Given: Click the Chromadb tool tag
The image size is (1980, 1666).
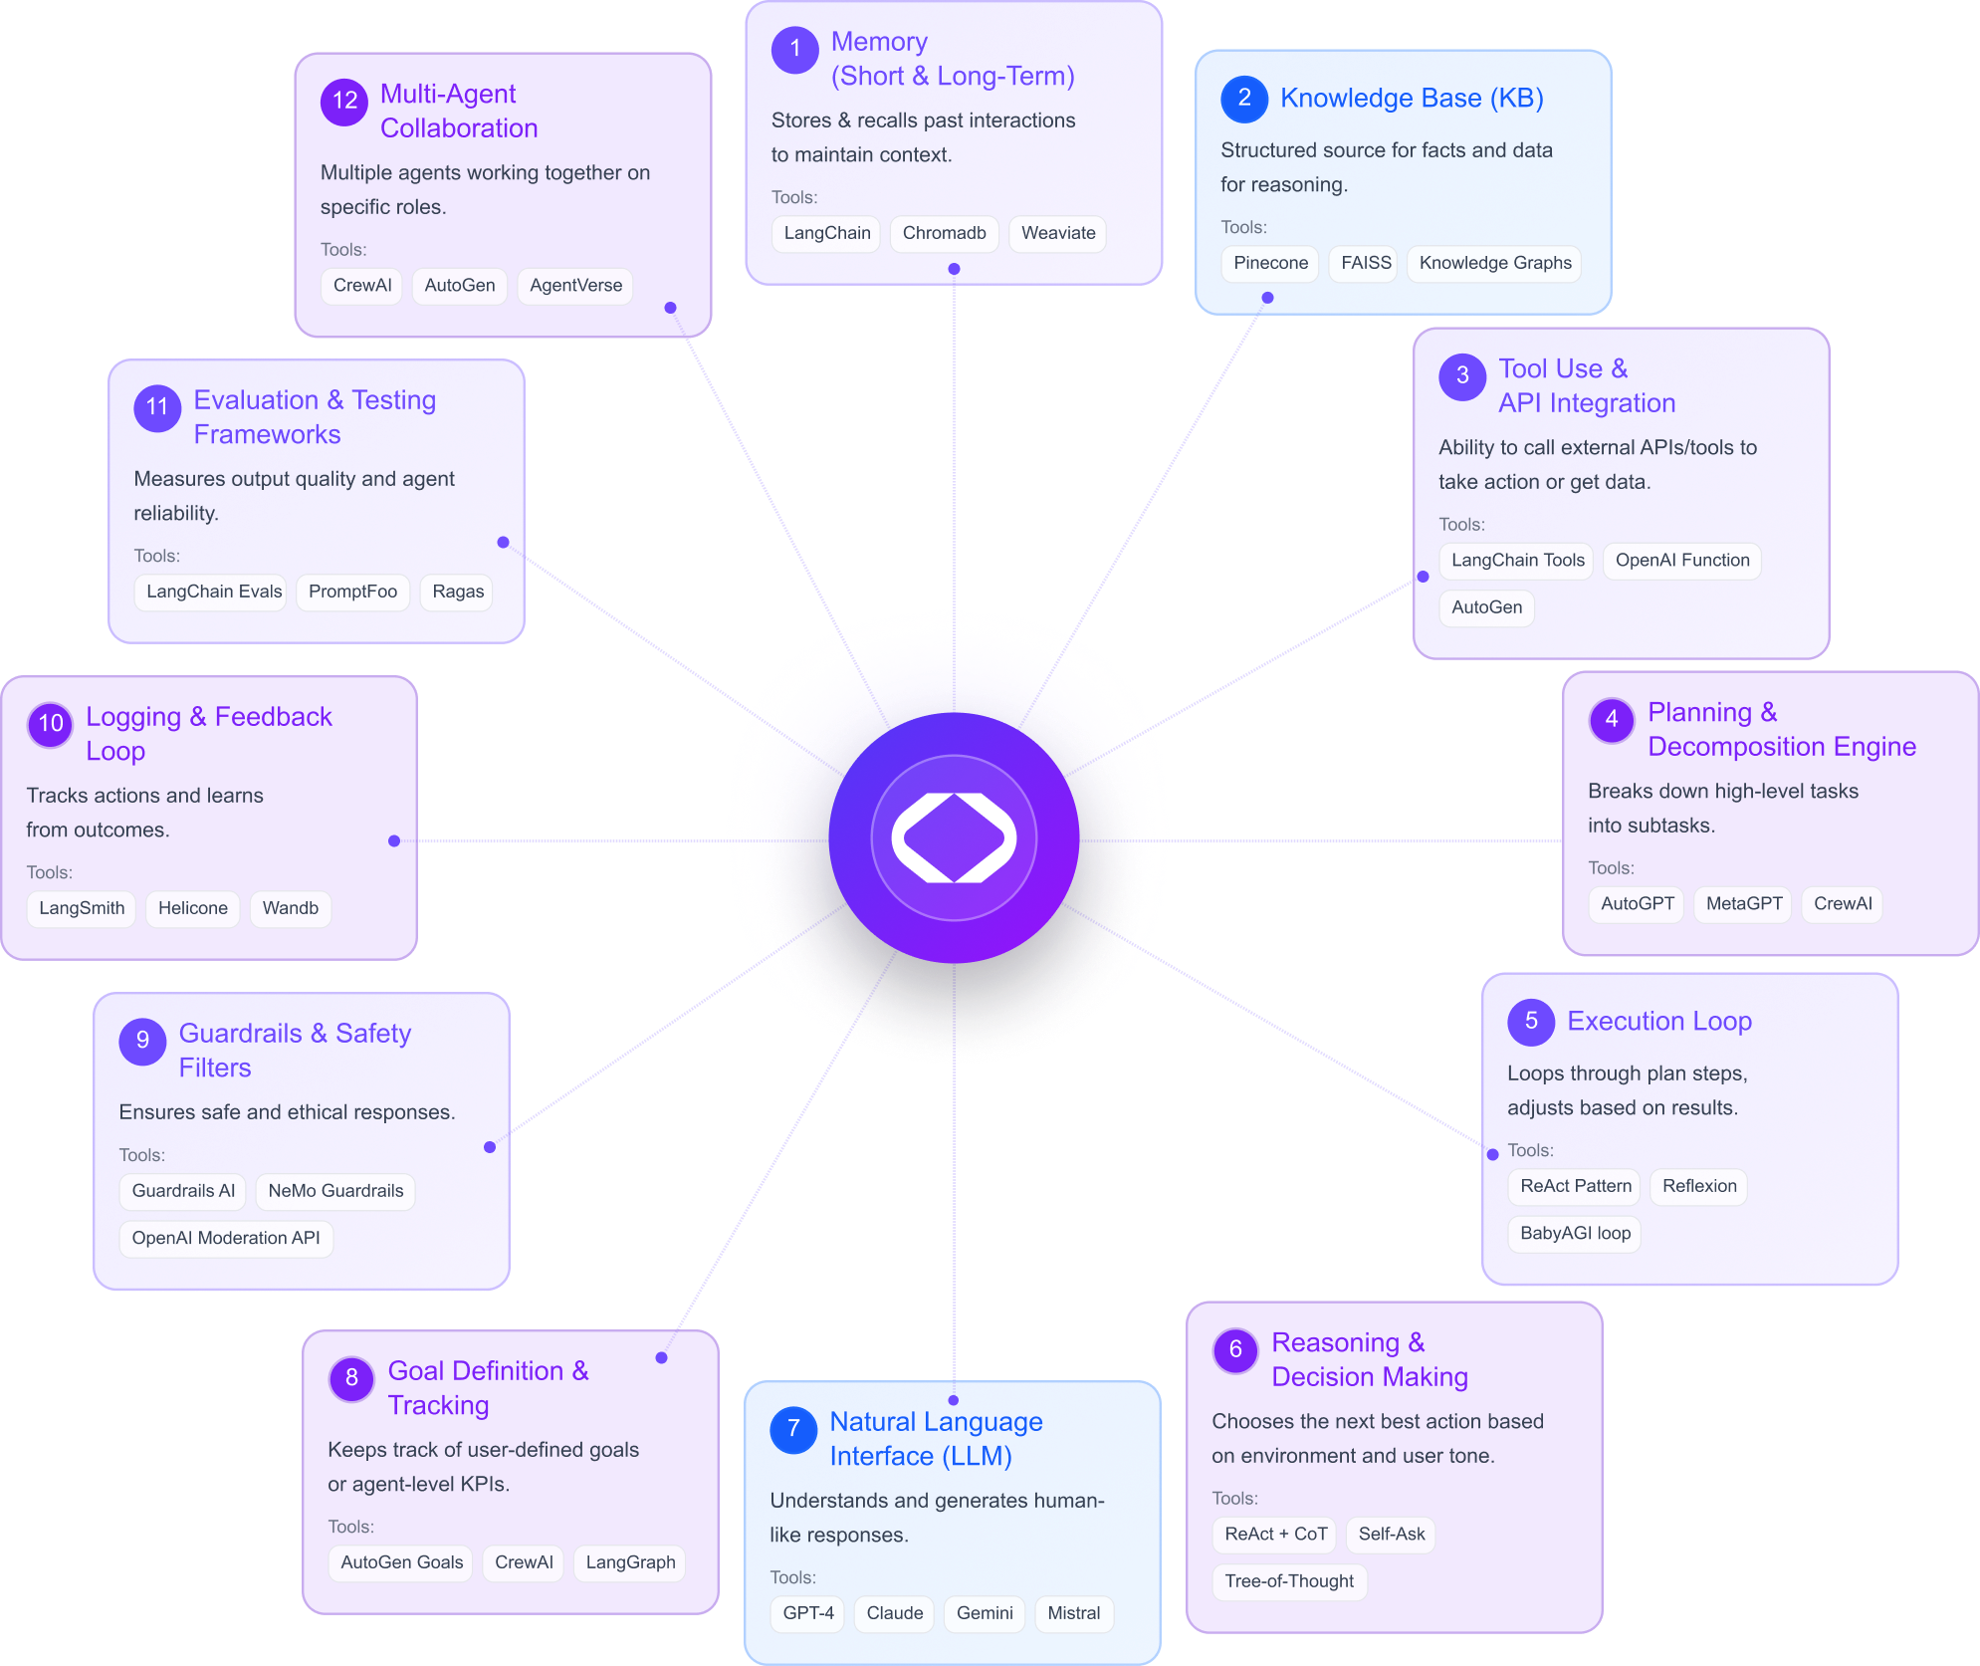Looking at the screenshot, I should (944, 234).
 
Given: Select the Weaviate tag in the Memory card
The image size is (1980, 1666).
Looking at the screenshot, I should (1057, 234).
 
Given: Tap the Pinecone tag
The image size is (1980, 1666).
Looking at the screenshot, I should (1270, 264).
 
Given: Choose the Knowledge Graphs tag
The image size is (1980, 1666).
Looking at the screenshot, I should (1494, 264).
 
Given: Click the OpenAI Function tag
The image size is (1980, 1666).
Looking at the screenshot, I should (1681, 561).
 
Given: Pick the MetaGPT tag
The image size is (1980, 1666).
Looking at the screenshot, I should (1743, 904).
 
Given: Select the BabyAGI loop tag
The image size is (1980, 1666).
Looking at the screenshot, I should (1574, 1234).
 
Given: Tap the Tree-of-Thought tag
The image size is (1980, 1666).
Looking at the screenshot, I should (1288, 1581).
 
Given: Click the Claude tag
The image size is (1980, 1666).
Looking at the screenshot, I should (894, 1613).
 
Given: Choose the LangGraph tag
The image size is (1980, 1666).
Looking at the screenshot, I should (629, 1562).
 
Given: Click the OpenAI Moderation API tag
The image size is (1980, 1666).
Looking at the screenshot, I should (226, 1239).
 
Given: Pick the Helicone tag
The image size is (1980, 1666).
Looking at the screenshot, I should (192, 908).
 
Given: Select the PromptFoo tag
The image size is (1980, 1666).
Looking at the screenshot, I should (352, 593).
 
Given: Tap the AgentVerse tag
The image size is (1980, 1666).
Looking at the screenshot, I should (575, 286).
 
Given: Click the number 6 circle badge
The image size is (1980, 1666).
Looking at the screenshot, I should (1235, 1349).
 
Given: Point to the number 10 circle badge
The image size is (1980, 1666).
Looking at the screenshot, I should (51, 724).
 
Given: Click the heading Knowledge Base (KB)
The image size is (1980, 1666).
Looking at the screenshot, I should (1411, 99).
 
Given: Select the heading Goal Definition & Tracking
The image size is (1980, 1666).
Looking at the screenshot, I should (488, 1387).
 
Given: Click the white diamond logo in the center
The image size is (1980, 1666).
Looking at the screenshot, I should (954, 837).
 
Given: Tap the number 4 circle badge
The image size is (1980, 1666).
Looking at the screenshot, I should (1612, 719).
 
